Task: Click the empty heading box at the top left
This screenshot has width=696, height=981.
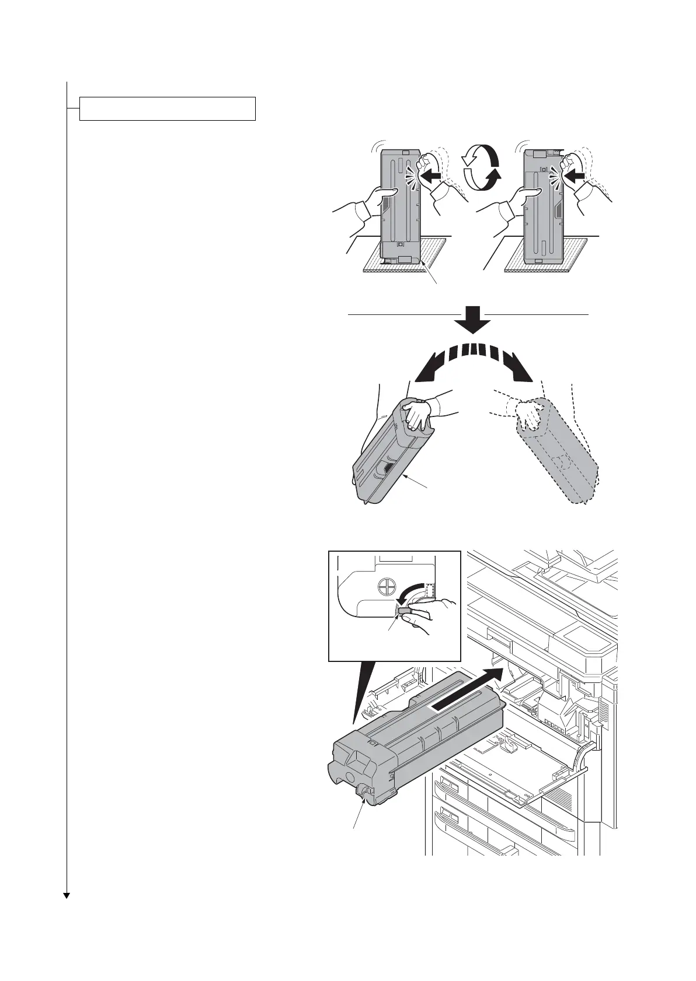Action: (x=168, y=108)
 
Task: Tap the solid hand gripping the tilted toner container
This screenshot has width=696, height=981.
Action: (x=421, y=411)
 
